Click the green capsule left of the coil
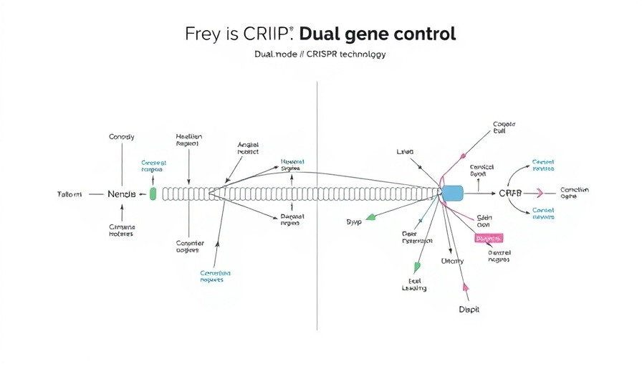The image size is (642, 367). click(x=153, y=194)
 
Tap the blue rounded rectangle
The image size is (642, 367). click(x=453, y=193)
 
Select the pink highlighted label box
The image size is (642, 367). click(x=489, y=238)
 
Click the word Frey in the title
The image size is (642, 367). click(x=201, y=34)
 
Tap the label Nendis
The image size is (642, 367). click(x=121, y=194)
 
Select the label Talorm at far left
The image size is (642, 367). click(x=70, y=194)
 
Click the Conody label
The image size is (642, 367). click(x=121, y=136)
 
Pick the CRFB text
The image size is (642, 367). click(x=510, y=194)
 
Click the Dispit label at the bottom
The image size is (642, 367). click(x=469, y=310)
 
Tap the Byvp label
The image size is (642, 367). click(x=354, y=222)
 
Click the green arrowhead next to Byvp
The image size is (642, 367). click(x=370, y=216)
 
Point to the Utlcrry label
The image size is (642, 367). click(x=452, y=261)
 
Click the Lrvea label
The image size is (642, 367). click(x=406, y=152)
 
